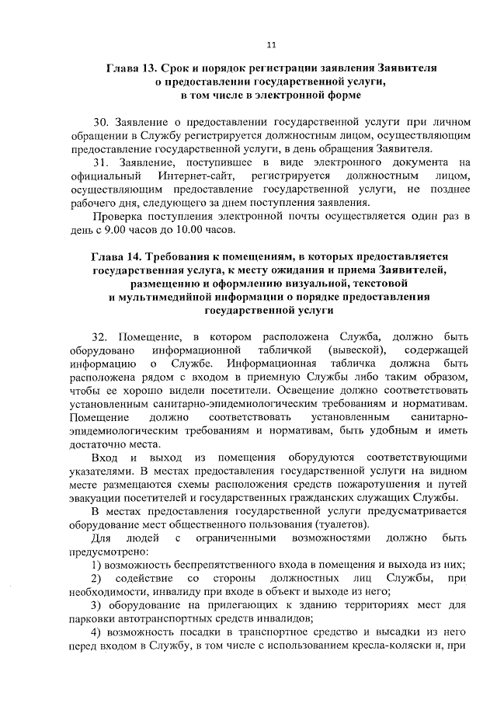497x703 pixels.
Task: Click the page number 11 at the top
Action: tap(270, 44)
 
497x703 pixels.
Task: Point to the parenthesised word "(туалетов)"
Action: tap(282, 524)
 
